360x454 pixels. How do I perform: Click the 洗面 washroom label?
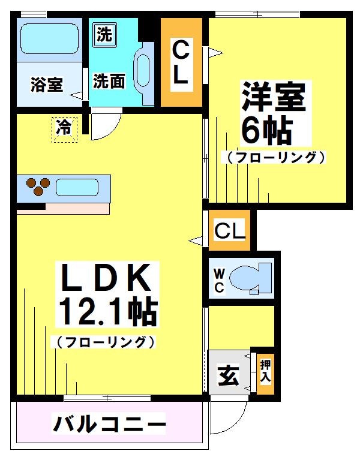coord(109,81)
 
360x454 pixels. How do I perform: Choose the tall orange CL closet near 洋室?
coord(181,62)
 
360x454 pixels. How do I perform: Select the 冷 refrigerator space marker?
coord(64,128)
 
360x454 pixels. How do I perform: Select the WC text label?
coord(219,281)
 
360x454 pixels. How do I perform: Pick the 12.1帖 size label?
coord(107,312)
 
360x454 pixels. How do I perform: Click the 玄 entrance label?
coord(228,377)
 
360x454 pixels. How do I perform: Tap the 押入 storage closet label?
coord(265,372)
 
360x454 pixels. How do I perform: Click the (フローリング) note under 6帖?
coord(276,158)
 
